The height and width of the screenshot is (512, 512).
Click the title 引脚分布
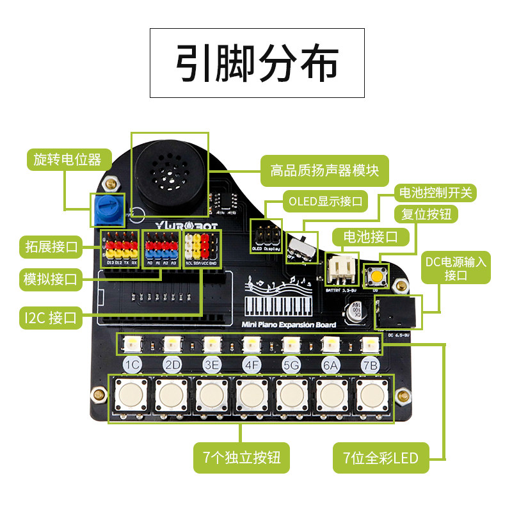pos(257,62)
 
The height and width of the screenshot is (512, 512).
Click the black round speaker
pos(169,173)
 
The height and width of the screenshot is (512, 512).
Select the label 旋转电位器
pos(69,159)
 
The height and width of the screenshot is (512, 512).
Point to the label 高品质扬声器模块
pos(324,171)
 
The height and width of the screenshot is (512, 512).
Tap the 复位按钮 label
pos(426,213)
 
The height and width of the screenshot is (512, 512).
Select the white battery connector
pos(340,268)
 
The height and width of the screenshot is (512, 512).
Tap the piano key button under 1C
pos(131,396)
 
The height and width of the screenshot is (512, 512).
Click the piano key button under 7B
pos(371,396)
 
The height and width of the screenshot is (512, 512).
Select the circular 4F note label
pos(251,365)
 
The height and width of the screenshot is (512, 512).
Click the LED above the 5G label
pos(290,345)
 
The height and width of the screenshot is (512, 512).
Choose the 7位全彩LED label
pos(380,458)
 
